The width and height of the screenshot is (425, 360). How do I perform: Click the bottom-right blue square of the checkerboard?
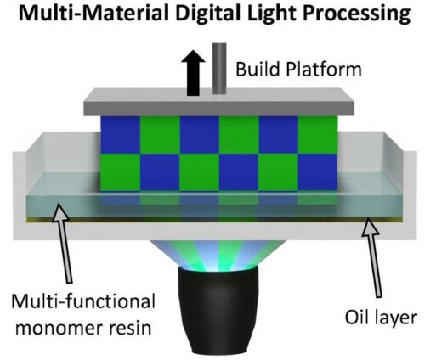(317, 172)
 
